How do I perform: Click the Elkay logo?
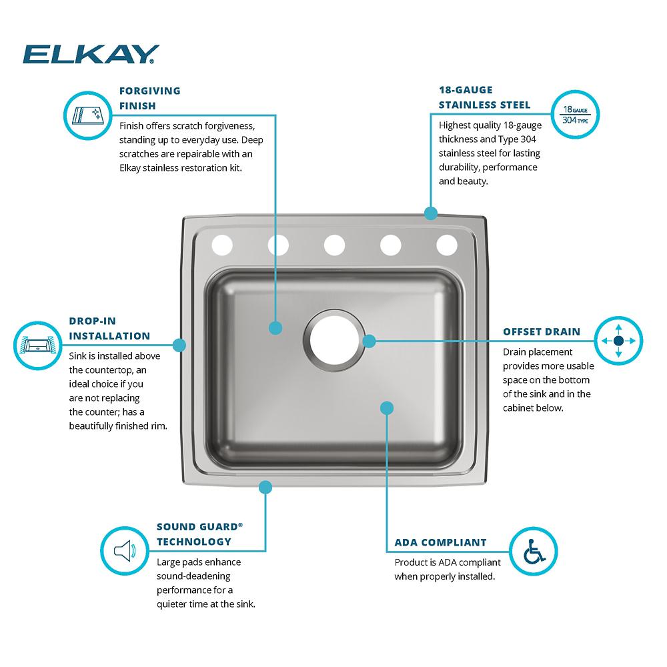[91, 54]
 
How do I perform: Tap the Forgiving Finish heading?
[149, 97]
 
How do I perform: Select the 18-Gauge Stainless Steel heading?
[484, 97]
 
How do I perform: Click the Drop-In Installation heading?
[109, 328]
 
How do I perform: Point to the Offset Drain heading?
[542, 331]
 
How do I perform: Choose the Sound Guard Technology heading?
[199, 534]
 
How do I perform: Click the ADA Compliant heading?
[441, 542]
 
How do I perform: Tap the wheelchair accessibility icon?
[533, 552]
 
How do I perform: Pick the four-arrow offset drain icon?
[618, 340]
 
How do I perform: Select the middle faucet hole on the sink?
[334, 245]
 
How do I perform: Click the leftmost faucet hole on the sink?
[221, 245]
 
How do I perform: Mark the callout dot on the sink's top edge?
[431, 213]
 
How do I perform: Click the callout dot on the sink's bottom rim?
[265, 488]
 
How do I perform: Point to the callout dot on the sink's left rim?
[179, 345]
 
